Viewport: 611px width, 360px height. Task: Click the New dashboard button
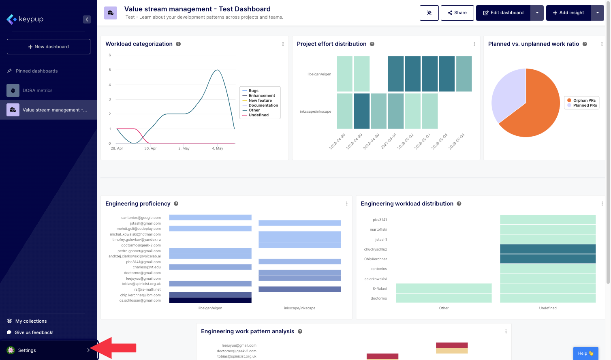(x=49, y=47)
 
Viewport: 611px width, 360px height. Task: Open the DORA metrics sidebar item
(x=37, y=90)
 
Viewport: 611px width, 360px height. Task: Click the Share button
(x=457, y=13)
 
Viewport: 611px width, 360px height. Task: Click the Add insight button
(x=568, y=13)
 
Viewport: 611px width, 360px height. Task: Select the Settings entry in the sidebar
(x=27, y=350)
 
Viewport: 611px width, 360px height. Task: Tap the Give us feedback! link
(x=34, y=332)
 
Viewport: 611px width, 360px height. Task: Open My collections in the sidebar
(x=31, y=321)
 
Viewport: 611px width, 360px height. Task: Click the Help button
(x=585, y=353)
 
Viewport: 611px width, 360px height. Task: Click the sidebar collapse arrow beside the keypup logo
(x=87, y=19)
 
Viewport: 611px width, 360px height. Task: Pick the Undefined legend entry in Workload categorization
(x=258, y=115)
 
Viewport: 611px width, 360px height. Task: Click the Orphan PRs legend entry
(x=584, y=101)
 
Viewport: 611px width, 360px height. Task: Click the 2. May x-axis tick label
(x=184, y=148)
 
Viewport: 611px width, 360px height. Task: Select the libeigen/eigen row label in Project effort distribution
(x=319, y=74)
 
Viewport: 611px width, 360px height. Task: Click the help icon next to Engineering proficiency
(x=176, y=204)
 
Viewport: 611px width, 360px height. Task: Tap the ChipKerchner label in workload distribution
(x=376, y=259)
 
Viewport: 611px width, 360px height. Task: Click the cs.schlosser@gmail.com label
(x=140, y=300)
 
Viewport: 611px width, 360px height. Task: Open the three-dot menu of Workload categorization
(x=283, y=44)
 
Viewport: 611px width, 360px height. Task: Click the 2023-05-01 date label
(x=389, y=141)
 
